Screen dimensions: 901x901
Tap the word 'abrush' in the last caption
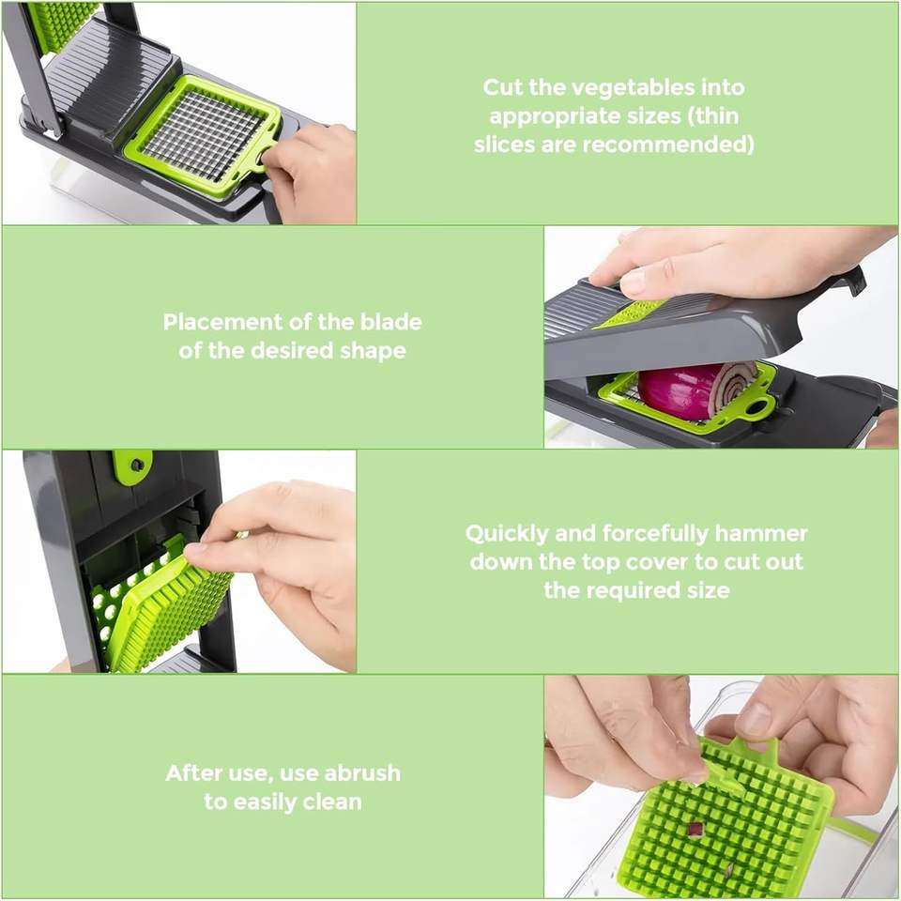tap(362, 772)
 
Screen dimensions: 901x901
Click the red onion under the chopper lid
tap(695, 390)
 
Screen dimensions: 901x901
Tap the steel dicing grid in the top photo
tap(203, 135)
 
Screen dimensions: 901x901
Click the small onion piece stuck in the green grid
tap(695, 829)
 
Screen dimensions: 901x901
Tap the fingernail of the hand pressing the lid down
tap(633, 283)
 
